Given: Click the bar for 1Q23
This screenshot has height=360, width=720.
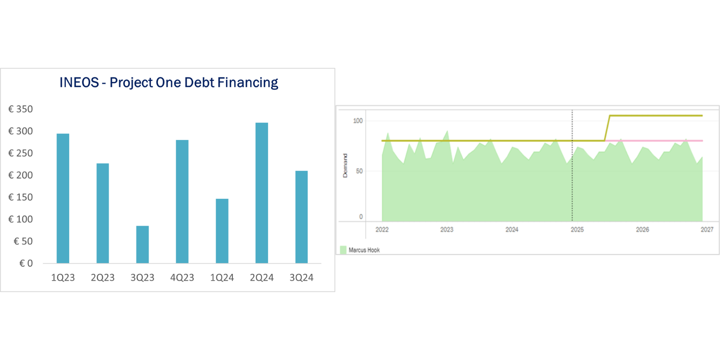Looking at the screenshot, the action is coord(63,198).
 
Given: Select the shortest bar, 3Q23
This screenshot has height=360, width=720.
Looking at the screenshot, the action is coord(142,244).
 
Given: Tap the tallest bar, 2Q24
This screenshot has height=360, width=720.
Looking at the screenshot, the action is coord(262,193).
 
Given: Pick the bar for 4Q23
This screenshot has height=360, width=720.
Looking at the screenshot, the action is coord(182,202).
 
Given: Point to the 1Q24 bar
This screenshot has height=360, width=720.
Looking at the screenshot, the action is coord(222,231).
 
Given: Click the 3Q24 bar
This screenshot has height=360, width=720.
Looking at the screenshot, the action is coord(302,217).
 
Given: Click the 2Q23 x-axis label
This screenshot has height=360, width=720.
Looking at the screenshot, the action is coord(103,278).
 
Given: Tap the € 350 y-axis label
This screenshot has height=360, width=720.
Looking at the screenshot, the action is coord(21,109).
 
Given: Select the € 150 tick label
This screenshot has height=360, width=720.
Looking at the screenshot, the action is coord(21,197).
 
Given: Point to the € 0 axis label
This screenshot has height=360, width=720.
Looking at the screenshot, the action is coord(26,263).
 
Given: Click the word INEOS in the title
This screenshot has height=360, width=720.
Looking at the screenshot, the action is coord(79,82).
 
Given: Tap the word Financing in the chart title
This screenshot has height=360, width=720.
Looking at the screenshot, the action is coord(248,82).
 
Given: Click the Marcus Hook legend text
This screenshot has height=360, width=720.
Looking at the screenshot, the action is coord(364,250).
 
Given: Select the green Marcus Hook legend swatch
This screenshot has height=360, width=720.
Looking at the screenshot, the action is coord(343,250).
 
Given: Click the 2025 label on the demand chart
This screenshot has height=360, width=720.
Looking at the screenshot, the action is coord(577,230).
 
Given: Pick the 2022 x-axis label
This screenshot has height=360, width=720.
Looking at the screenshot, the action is coord(382,230).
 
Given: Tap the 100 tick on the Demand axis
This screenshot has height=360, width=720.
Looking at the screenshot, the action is coord(358,121).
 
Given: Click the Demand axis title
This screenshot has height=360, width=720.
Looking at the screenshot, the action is coord(345,165).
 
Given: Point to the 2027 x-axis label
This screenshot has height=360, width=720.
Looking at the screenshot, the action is coord(707,230).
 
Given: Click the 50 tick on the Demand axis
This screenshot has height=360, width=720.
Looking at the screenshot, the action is coord(360,171).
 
